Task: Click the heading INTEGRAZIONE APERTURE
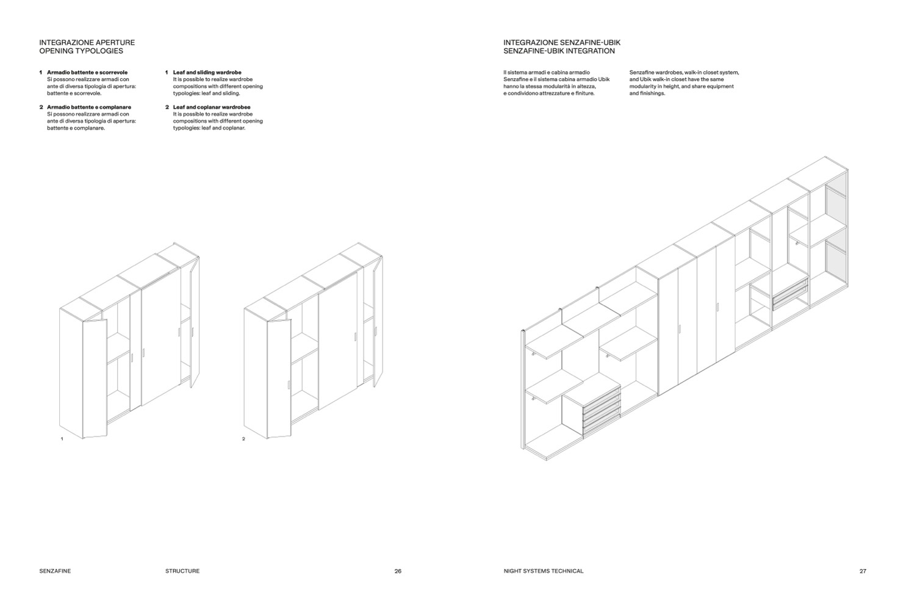pos(87,42)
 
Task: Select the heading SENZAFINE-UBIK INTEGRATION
pos(559,51)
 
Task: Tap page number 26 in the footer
pos(398,571)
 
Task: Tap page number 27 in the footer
pos(863,571)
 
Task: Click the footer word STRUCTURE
pos(182,571)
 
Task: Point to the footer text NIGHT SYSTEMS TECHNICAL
pos(543,571)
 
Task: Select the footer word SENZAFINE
pos(55,571)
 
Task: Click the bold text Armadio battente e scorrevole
pos(87,73)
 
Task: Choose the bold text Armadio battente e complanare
pos(89,107)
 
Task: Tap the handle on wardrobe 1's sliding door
pos(143,354)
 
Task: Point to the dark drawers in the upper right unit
pos(790,295)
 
